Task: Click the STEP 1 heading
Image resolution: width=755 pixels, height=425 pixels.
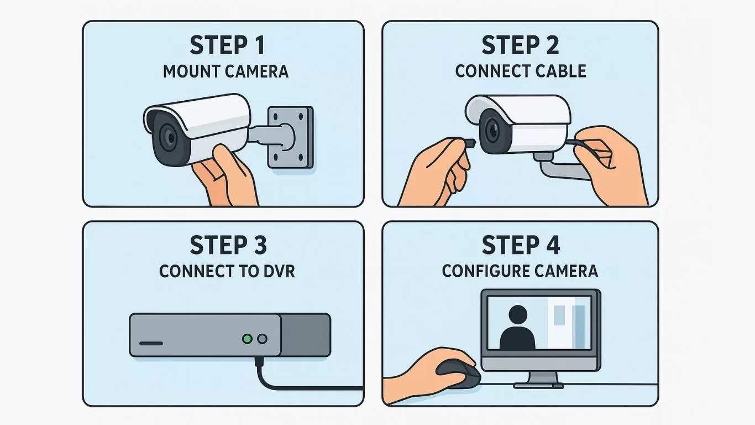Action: (x=227, y=46)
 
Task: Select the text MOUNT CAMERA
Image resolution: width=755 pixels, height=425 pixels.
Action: (x=226, y=71)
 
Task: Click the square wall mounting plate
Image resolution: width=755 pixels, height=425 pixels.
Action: (x=290, y=137)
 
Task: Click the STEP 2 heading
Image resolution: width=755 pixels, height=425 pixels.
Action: (x=520, y=46)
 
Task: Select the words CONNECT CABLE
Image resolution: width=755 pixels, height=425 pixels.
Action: (x=520, y=71)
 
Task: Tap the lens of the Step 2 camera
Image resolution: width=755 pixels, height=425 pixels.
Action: (x=491, y=129)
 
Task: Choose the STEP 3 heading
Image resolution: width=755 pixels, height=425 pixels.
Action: (x=228, y=245)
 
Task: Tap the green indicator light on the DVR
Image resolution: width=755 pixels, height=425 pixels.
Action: (x=248, y=338)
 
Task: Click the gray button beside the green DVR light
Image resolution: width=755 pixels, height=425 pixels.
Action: (x=263, y=338)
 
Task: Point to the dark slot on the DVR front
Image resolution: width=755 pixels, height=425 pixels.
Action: (x=151, y=343)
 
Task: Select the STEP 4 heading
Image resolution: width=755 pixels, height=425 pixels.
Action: (x=520, y=245)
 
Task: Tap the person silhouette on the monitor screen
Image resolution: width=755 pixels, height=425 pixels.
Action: (x=517, y=328)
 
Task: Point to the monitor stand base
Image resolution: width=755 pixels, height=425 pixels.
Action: (x=541, y=383)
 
